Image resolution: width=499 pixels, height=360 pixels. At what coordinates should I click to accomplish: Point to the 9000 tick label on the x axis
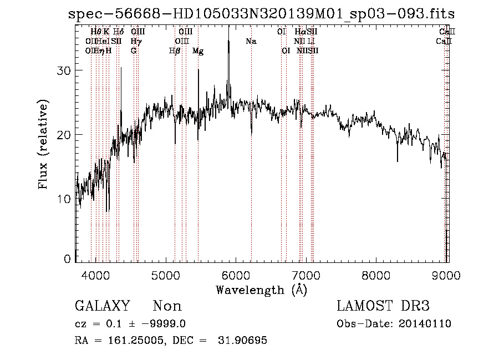tap(447, 275)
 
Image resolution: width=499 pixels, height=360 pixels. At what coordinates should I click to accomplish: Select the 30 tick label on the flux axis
tap(65, 70)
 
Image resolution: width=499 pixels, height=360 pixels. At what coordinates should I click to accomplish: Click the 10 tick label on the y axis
tap(65, 199)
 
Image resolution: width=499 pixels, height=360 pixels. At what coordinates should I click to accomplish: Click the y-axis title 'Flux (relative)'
tap(44, 144)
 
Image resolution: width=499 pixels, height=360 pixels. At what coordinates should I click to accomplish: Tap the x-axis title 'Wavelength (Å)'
tap(262, 290)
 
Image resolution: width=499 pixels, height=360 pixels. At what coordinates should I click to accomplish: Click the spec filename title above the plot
tap(261, 13)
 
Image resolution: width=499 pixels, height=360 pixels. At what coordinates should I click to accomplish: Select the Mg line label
tap(198, 51)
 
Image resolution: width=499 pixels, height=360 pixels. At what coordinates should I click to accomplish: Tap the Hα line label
tap(299, 32)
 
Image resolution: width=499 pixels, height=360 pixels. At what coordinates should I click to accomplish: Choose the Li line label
tap(312, 41)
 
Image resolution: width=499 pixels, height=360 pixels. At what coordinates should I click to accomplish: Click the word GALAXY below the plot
tap(103, 306)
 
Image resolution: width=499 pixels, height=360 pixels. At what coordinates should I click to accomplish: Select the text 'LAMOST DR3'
tap(383, 306)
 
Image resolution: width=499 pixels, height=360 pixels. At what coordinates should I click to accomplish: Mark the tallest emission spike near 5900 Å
tap(228, 33)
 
